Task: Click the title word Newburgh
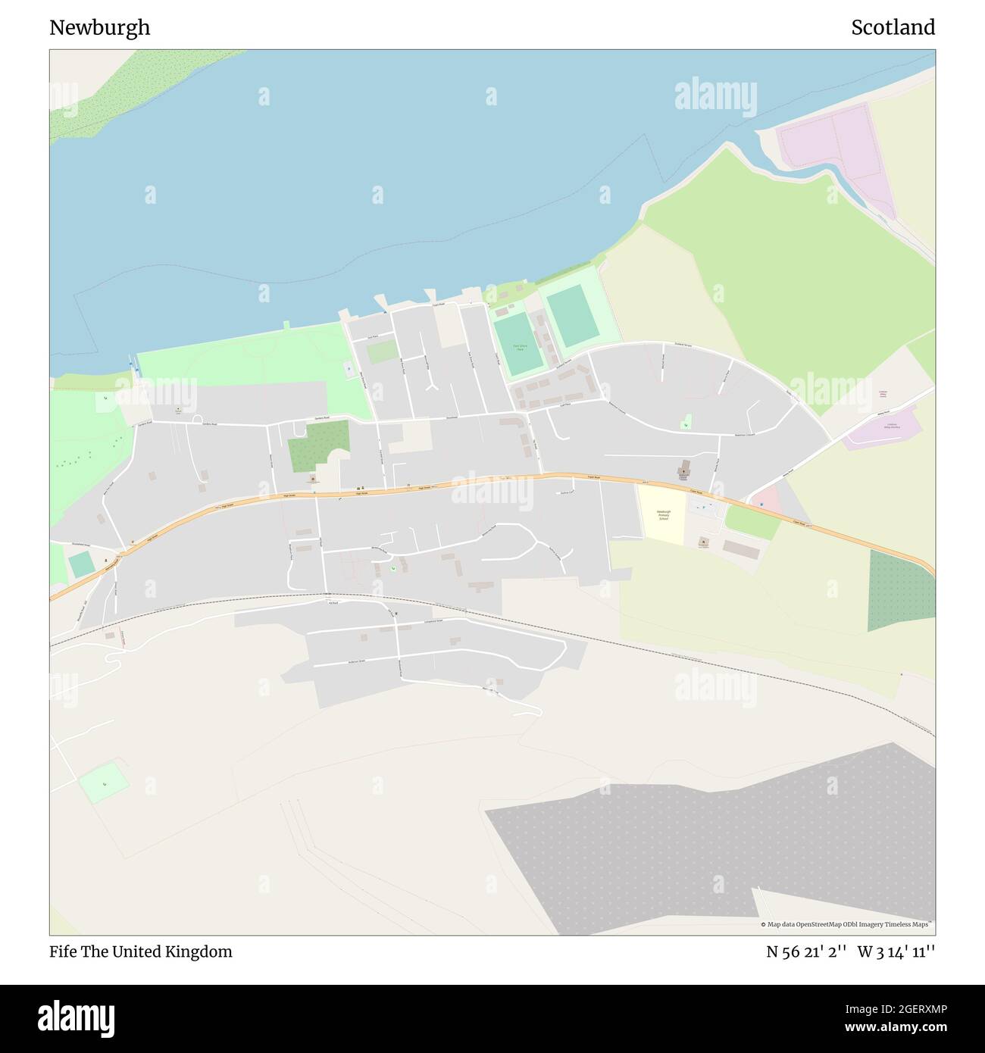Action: coord(99,28)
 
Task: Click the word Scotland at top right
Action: coord(893,28)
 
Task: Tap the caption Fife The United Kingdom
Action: coord(141,951)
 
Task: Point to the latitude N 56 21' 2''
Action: coord(805,951)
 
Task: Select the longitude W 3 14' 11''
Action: coord(896,951)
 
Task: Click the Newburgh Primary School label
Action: coord(664,514)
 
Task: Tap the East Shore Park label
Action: coord(519,347)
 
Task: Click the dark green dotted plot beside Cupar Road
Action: coord(900,591)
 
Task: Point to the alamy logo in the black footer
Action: coord(77,1017)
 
